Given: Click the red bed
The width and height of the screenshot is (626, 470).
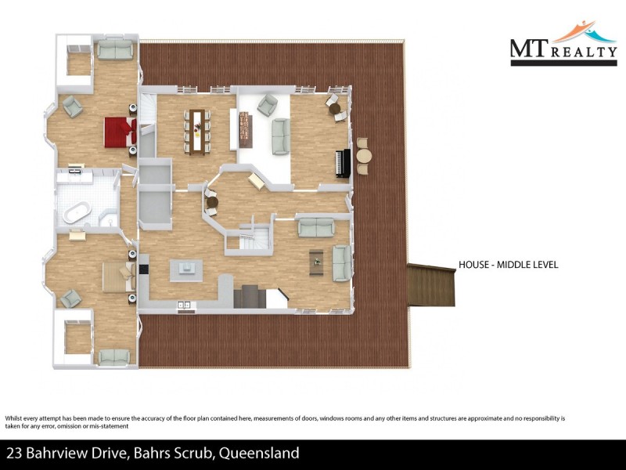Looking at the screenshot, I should (120, 131).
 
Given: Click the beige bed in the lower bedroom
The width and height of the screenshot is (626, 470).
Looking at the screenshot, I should (118, 277).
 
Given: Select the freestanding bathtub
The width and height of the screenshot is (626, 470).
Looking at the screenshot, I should (76, 214).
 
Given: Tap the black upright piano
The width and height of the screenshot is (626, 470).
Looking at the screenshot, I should (340, 163).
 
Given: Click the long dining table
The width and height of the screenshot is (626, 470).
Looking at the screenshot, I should (197, 129).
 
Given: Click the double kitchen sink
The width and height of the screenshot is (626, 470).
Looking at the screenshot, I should (185, 304).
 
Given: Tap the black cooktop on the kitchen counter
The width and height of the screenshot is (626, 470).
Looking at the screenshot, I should (144, 269).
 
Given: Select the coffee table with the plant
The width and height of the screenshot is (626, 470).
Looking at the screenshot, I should (316, 262).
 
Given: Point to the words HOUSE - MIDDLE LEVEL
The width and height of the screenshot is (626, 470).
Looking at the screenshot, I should (508, 265).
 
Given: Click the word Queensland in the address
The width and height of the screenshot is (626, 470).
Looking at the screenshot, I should (259, 453).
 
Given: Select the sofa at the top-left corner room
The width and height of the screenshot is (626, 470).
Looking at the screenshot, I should (114, 50).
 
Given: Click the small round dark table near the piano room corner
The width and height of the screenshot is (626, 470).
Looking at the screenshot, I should (336, 109).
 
